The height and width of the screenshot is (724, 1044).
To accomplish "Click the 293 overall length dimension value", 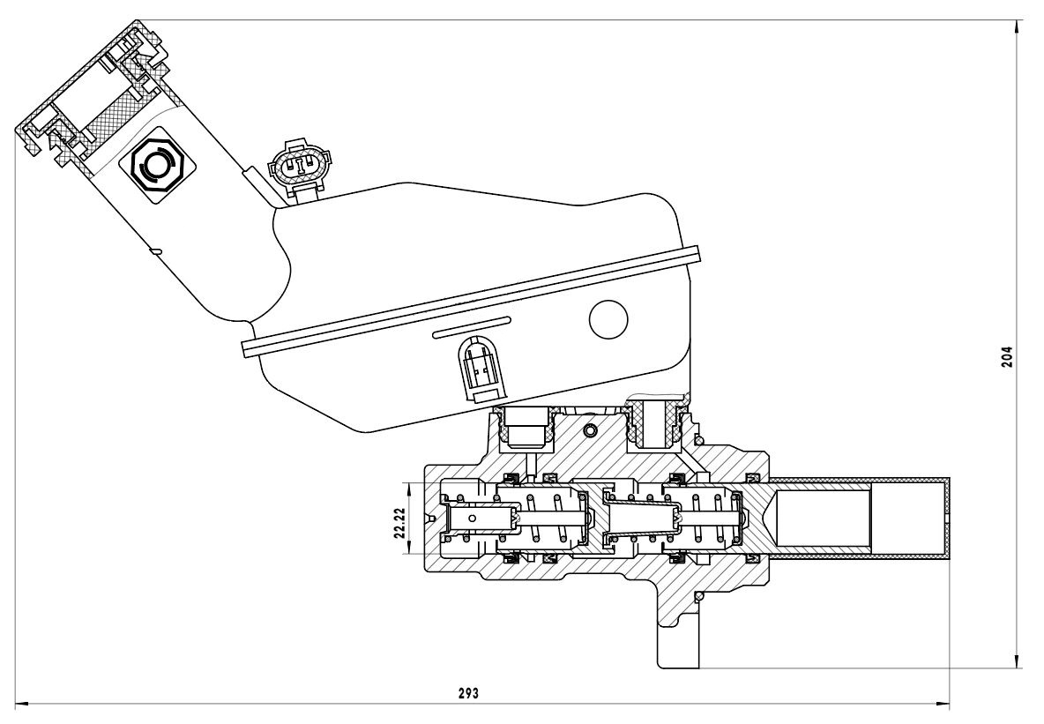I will (468, 693).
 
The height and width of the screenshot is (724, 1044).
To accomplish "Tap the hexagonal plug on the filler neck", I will (157, 164).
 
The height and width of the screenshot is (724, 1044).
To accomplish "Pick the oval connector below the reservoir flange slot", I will (480, 369).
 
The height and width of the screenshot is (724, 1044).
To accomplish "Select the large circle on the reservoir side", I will (608, 319).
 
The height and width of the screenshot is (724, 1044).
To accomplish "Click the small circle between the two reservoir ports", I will (591, 429).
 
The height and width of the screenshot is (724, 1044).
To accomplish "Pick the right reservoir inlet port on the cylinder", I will (653, 422).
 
